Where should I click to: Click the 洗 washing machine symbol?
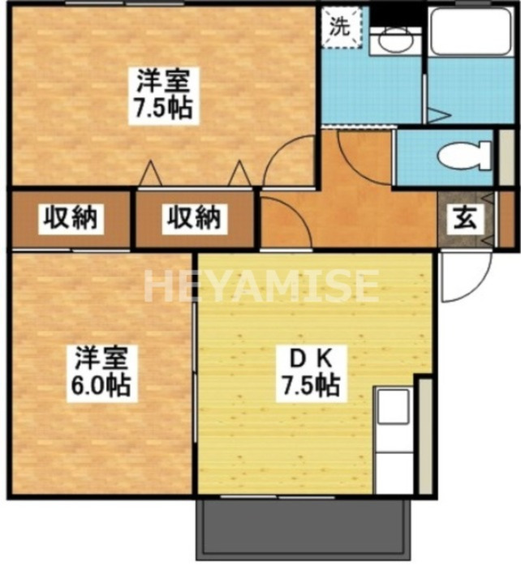pyautogui.click(x=338, y=26)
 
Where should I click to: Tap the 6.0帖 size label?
pyautogui.click(x=101, y=385)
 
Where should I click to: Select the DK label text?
pyautogui.click(x=309, y=357)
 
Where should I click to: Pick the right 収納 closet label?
pyautogui.click(x=195, y=217)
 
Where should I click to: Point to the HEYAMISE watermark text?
pyautogui.click(x=261, y=285)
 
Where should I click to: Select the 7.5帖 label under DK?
pyautogui.click(x=310, y=385)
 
